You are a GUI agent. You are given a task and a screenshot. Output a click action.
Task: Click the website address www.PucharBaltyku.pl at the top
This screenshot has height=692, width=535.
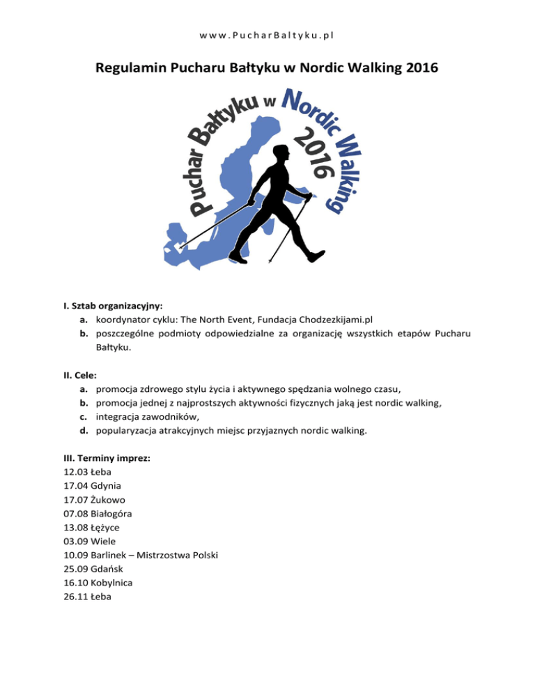point(267,33)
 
